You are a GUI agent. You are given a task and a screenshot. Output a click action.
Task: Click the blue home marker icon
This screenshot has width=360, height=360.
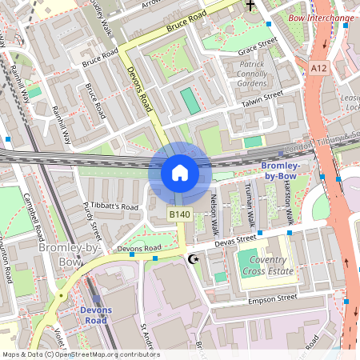click(179, 173)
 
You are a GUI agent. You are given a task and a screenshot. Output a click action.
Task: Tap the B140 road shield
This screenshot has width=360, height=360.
click(179, 214)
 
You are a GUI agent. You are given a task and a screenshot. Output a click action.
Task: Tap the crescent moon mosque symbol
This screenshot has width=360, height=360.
click(191, 259)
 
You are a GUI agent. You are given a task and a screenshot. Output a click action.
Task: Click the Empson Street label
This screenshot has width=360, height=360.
click(273, 298)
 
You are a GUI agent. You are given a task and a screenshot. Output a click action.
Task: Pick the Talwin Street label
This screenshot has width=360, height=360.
click(262, 96)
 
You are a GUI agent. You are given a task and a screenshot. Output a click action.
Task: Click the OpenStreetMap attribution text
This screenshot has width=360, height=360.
click(81, 354)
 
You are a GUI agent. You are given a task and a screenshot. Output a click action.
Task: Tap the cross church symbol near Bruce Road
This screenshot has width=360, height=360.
click(250, 6)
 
